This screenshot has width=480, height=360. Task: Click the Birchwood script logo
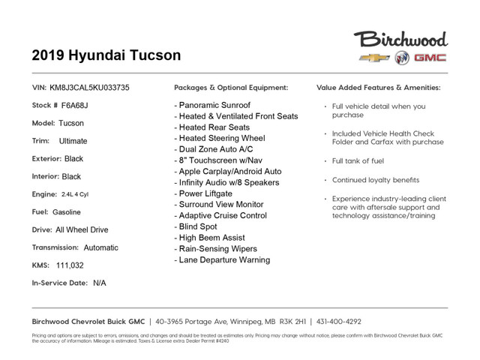coord(400,39)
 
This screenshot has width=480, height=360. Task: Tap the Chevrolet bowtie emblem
coord(370,58)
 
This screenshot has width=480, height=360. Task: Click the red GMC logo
coord(430,58)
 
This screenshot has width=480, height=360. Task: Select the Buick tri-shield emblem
coord(397,58)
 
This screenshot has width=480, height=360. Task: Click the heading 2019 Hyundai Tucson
coord(106,55)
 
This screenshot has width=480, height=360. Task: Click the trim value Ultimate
coord(73,141)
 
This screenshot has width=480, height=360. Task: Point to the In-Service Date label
coord(58,283)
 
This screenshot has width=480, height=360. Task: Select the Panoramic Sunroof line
coord(213,105)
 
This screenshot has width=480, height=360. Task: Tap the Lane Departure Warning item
coord(223,260)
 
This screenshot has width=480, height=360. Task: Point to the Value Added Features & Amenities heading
coord(379,87)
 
